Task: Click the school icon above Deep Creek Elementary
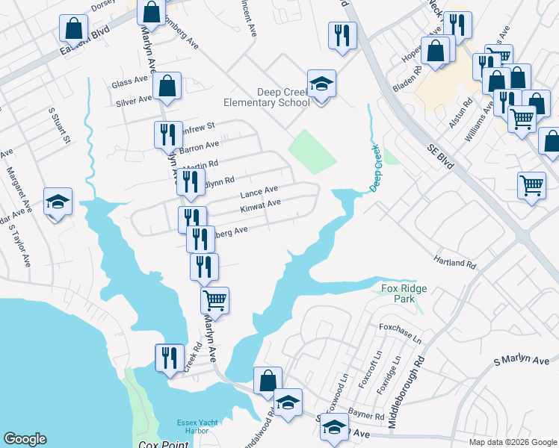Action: click(x=321, y=84)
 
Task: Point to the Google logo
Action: click(x=25, y=438)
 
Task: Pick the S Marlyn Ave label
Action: click(x=521, y=361)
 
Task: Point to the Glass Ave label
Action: click(x=129, y=81)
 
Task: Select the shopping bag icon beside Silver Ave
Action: click(x=167, y=86)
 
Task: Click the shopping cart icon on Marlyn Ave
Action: click(x=214, y=300)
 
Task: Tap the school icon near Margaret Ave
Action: click(x=58, y=202)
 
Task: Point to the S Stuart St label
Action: click(x=60, y=125)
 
